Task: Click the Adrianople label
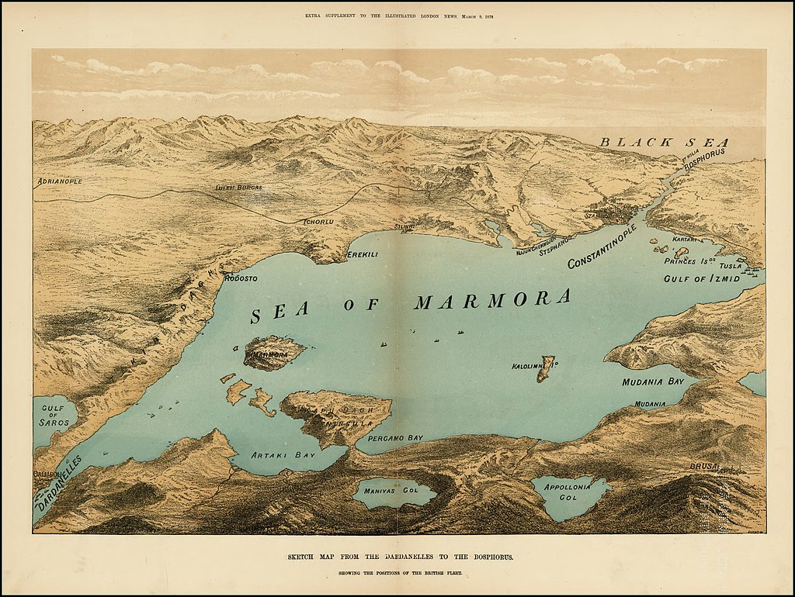tap(59, 181)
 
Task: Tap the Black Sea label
tap(665, 142)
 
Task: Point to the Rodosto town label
tap(240, 278)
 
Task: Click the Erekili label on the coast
tap(363, 254)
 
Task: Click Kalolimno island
tap(548, 368)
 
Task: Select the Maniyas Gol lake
tap(394, 492)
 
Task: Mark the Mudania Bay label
tap(652, 382)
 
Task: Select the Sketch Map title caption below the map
tap(397, 557)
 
